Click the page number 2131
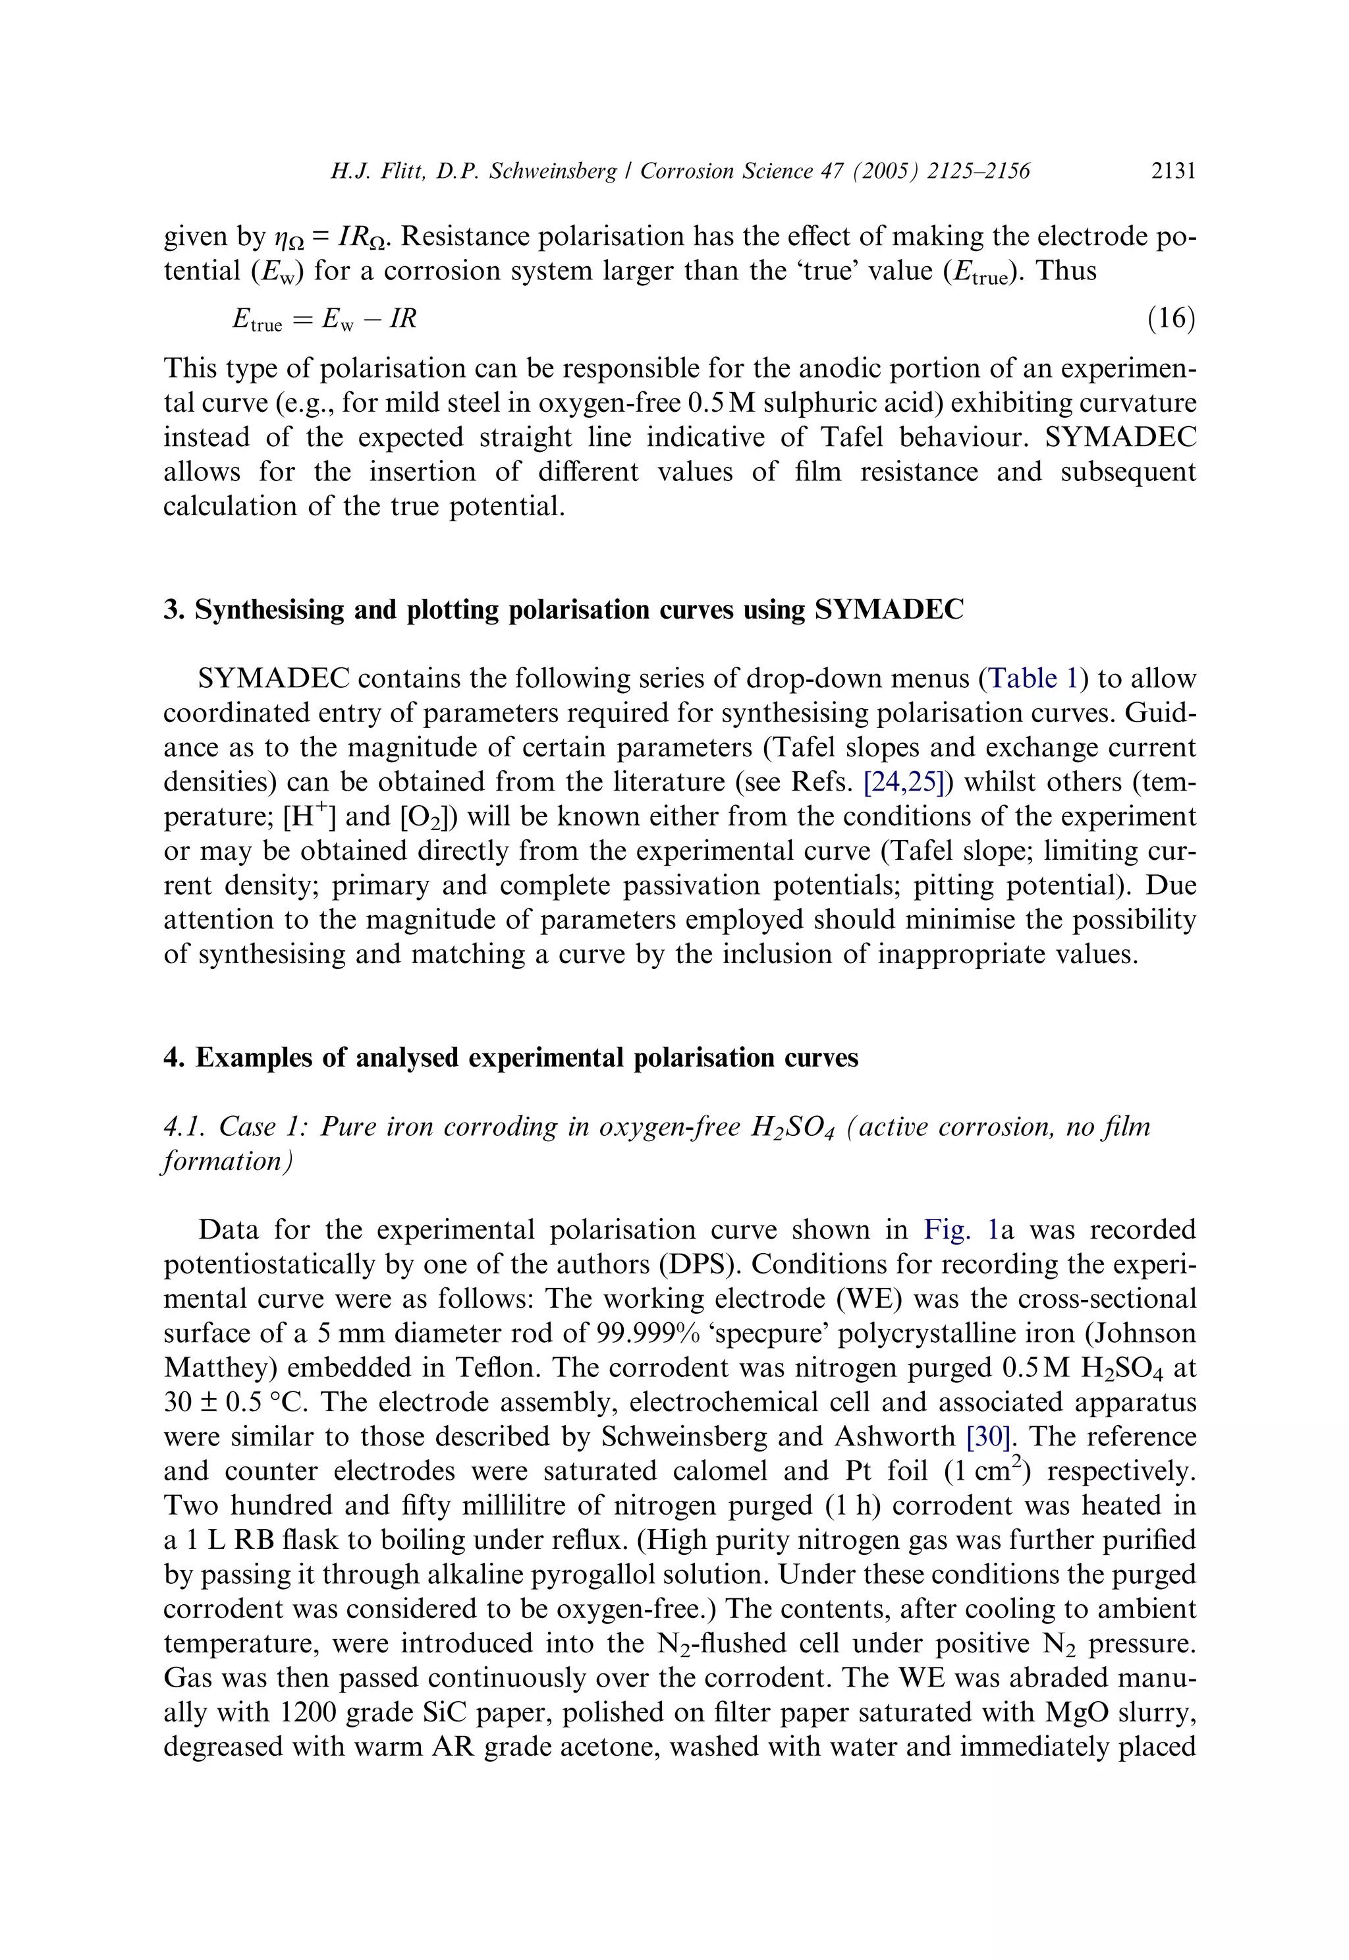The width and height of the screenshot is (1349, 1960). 1173,171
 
